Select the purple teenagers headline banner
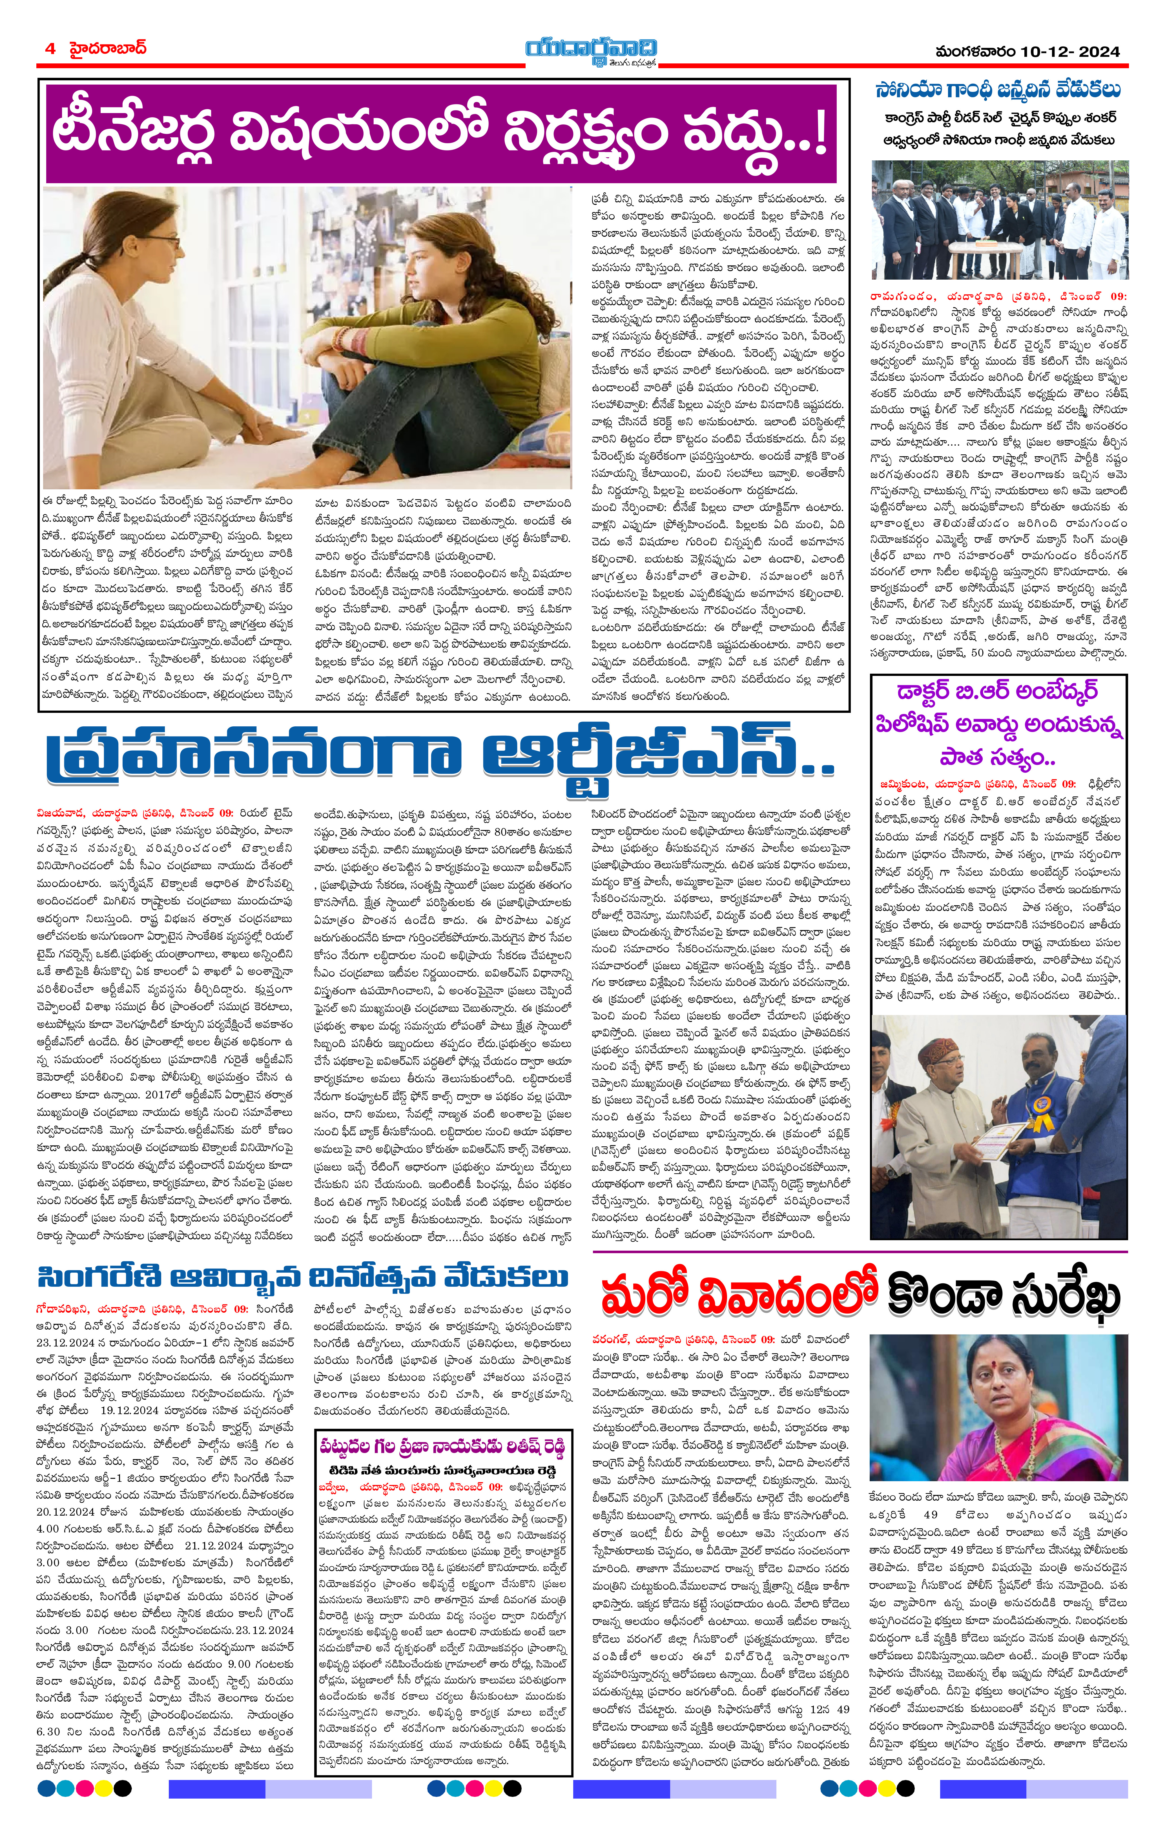coord(441,133)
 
